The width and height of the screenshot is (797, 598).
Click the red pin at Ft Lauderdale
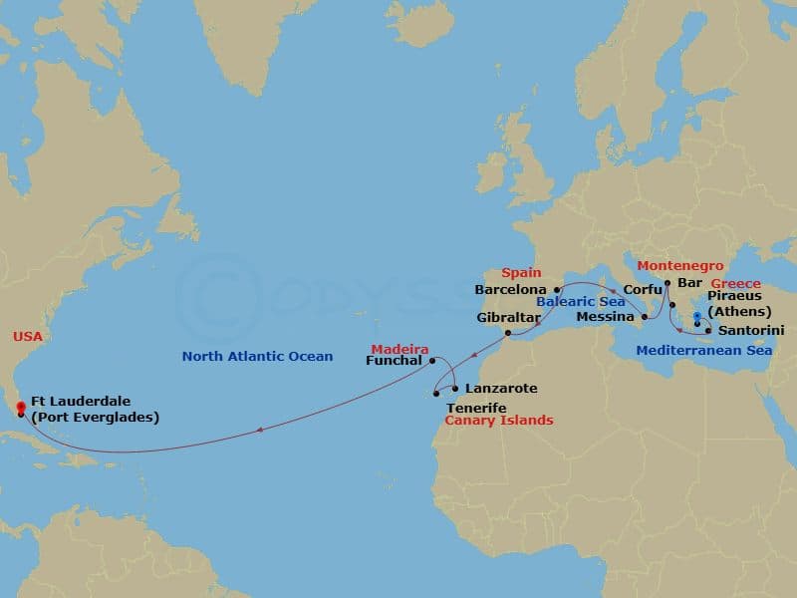22,407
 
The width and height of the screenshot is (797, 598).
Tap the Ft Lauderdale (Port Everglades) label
95,410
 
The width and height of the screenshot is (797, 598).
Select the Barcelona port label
511,290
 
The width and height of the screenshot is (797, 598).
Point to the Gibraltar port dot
508,333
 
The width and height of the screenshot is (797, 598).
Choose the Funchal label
396,361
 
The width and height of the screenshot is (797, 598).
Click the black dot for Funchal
431,361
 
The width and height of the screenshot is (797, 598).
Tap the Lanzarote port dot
455,388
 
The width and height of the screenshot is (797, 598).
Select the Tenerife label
476,408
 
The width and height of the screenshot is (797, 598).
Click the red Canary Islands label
498,421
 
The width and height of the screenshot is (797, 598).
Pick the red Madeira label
399,349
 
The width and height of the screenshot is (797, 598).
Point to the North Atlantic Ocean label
257,357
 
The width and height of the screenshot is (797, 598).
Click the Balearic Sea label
580,301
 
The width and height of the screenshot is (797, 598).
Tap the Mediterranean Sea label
689,350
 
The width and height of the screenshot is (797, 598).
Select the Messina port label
605,317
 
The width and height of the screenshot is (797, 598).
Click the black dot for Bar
666,282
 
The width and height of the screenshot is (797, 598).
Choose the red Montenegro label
680,266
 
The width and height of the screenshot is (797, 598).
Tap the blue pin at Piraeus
696,317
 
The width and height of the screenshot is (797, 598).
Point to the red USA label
28,337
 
